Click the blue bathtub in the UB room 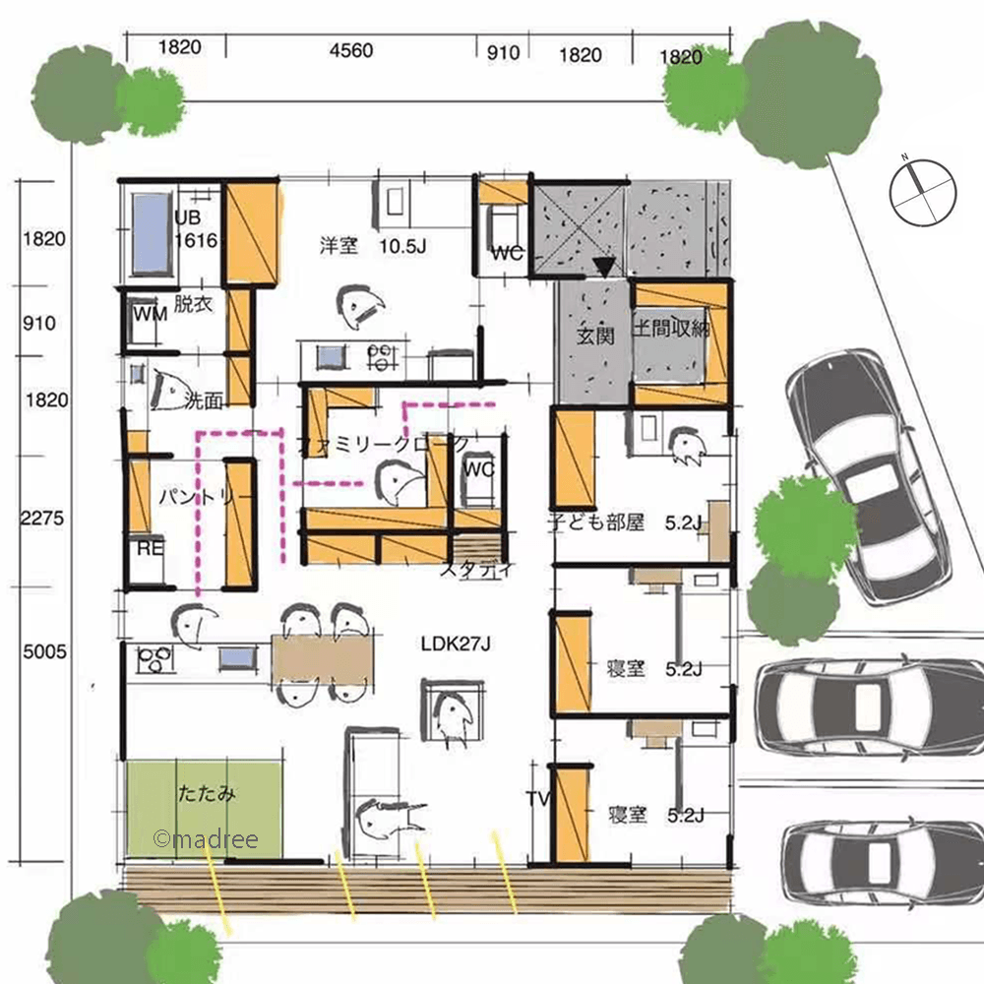point(152,233)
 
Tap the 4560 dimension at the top point(351,50)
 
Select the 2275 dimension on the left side point(42,519)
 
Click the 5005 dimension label point(44,651)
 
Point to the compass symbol point(923,192)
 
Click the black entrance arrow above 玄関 point(604,268)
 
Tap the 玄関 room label point(595,337)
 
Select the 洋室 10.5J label point(373,245)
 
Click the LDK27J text point(456,644)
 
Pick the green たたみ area point(204,809)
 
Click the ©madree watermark point(206,839)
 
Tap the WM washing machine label point(151,313)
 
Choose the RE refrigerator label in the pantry point(150,548)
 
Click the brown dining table point(323,661)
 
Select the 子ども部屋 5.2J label point(625,523)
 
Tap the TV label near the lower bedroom point(537,798)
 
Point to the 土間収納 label point(670,329)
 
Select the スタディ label point(477,569)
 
